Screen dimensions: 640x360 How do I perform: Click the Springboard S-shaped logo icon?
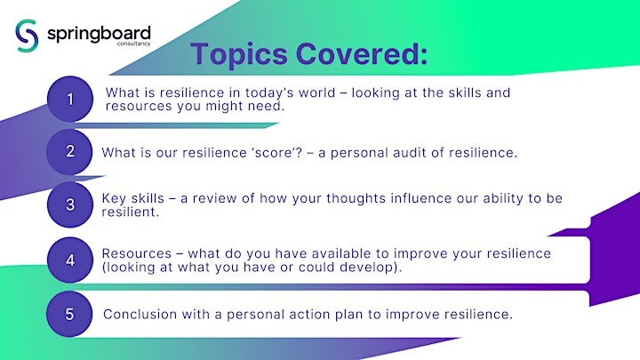[27, 36]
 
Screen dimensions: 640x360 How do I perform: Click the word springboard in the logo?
[99, 34]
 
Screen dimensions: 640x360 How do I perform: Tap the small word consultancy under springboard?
[134, 44]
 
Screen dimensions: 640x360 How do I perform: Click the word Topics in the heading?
[239, 54]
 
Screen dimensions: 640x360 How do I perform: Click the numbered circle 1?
[70, 100]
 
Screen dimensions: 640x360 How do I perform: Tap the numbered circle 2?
[70, 152]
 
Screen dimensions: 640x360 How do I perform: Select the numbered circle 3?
[70, 204]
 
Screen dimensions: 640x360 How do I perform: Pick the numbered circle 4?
[70, 260]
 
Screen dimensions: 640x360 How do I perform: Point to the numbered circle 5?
[70, 314]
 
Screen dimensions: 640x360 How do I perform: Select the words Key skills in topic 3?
[132, 198]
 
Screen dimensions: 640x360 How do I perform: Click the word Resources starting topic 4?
[137, 253]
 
